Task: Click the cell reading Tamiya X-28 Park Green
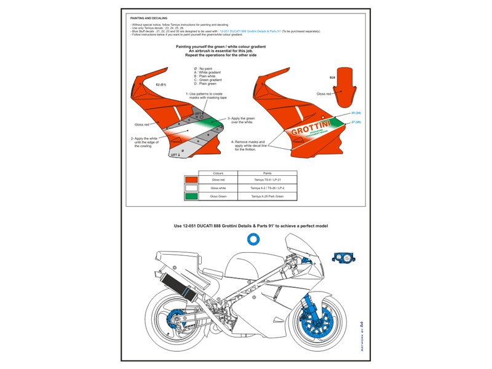point(267,196)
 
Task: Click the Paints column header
point(267,173)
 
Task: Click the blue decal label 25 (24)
point(356,113)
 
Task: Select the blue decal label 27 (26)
point(356,122)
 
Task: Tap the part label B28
point(332,77)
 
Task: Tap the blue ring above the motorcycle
point(252,239)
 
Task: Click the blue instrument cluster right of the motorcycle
point(344,257)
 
